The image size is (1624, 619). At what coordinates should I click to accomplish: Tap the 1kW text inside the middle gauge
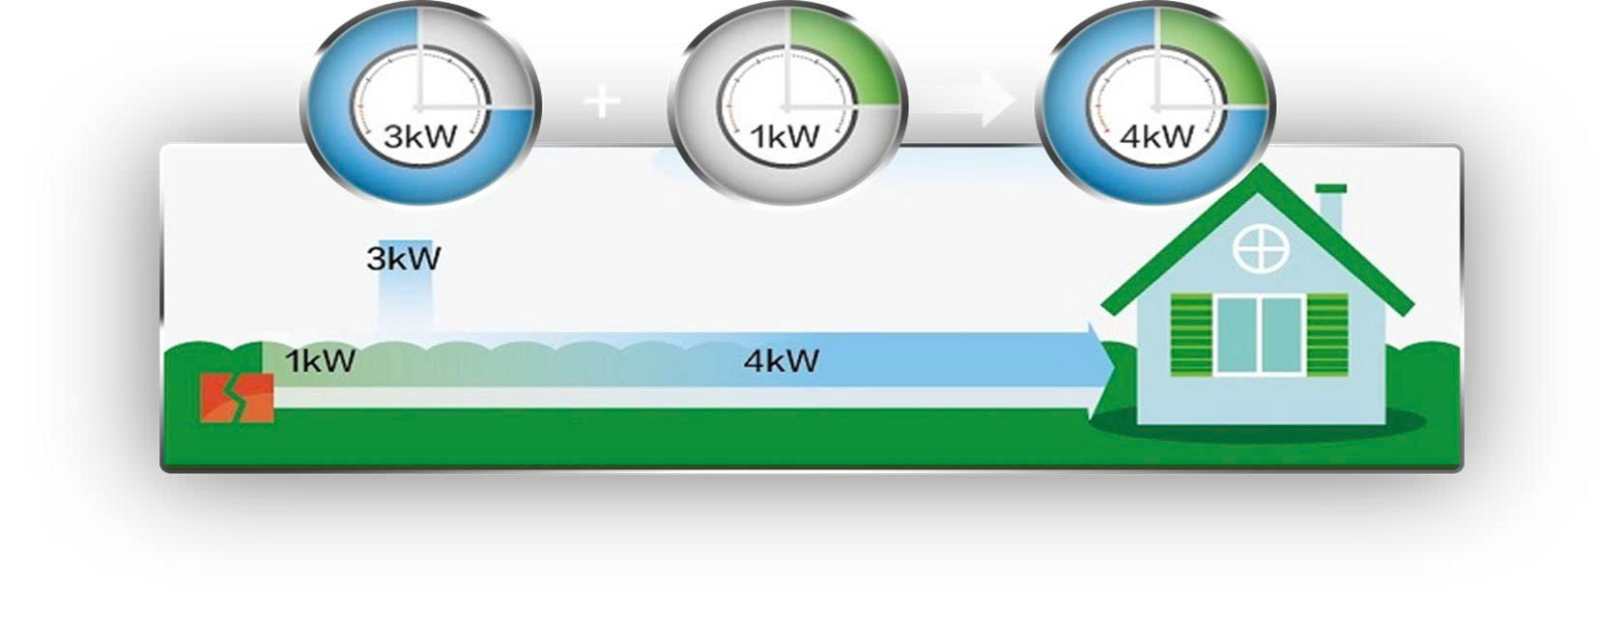coord(785,136)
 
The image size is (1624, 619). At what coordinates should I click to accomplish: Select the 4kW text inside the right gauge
coord(1155,136)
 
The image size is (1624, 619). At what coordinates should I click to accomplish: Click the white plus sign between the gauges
coord(602,101)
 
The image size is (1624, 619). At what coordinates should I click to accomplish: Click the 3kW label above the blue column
coord(404,259)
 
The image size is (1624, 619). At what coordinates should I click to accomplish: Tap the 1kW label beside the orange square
coord(320,361)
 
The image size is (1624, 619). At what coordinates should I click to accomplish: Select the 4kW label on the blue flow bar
coord(781,361)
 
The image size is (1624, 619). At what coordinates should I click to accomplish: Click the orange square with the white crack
coord(237,398)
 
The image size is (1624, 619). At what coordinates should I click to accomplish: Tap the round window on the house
coord(1261,249)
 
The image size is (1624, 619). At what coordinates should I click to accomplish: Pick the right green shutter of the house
coord(1327,334)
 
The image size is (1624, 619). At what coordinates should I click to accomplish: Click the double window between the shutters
coord(1260,334)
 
